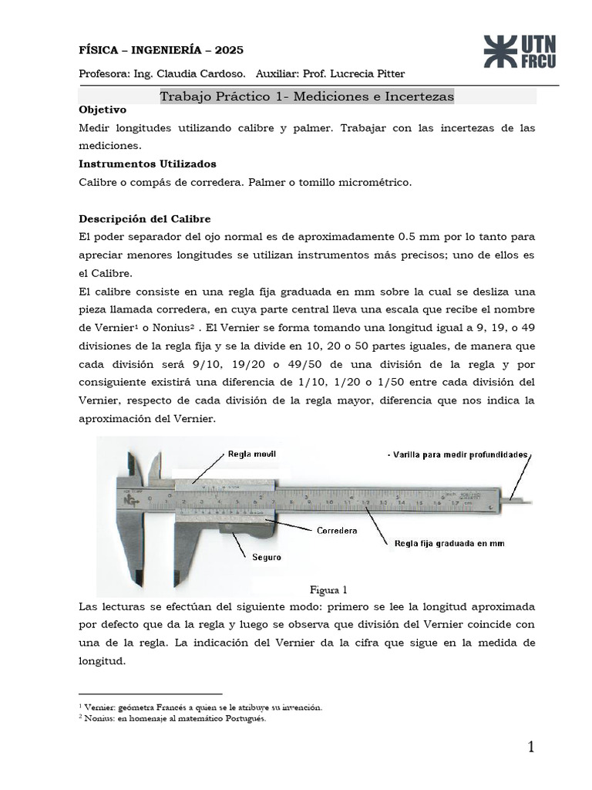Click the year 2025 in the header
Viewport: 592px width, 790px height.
point(229,50)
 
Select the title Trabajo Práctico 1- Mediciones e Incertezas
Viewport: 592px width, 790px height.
point(306,96)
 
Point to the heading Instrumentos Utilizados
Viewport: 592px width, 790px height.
point(147,164)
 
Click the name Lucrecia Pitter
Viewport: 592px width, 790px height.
point(365,73)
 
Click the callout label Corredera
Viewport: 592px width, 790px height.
point(336,531)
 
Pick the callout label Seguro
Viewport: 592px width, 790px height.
point(266,556)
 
